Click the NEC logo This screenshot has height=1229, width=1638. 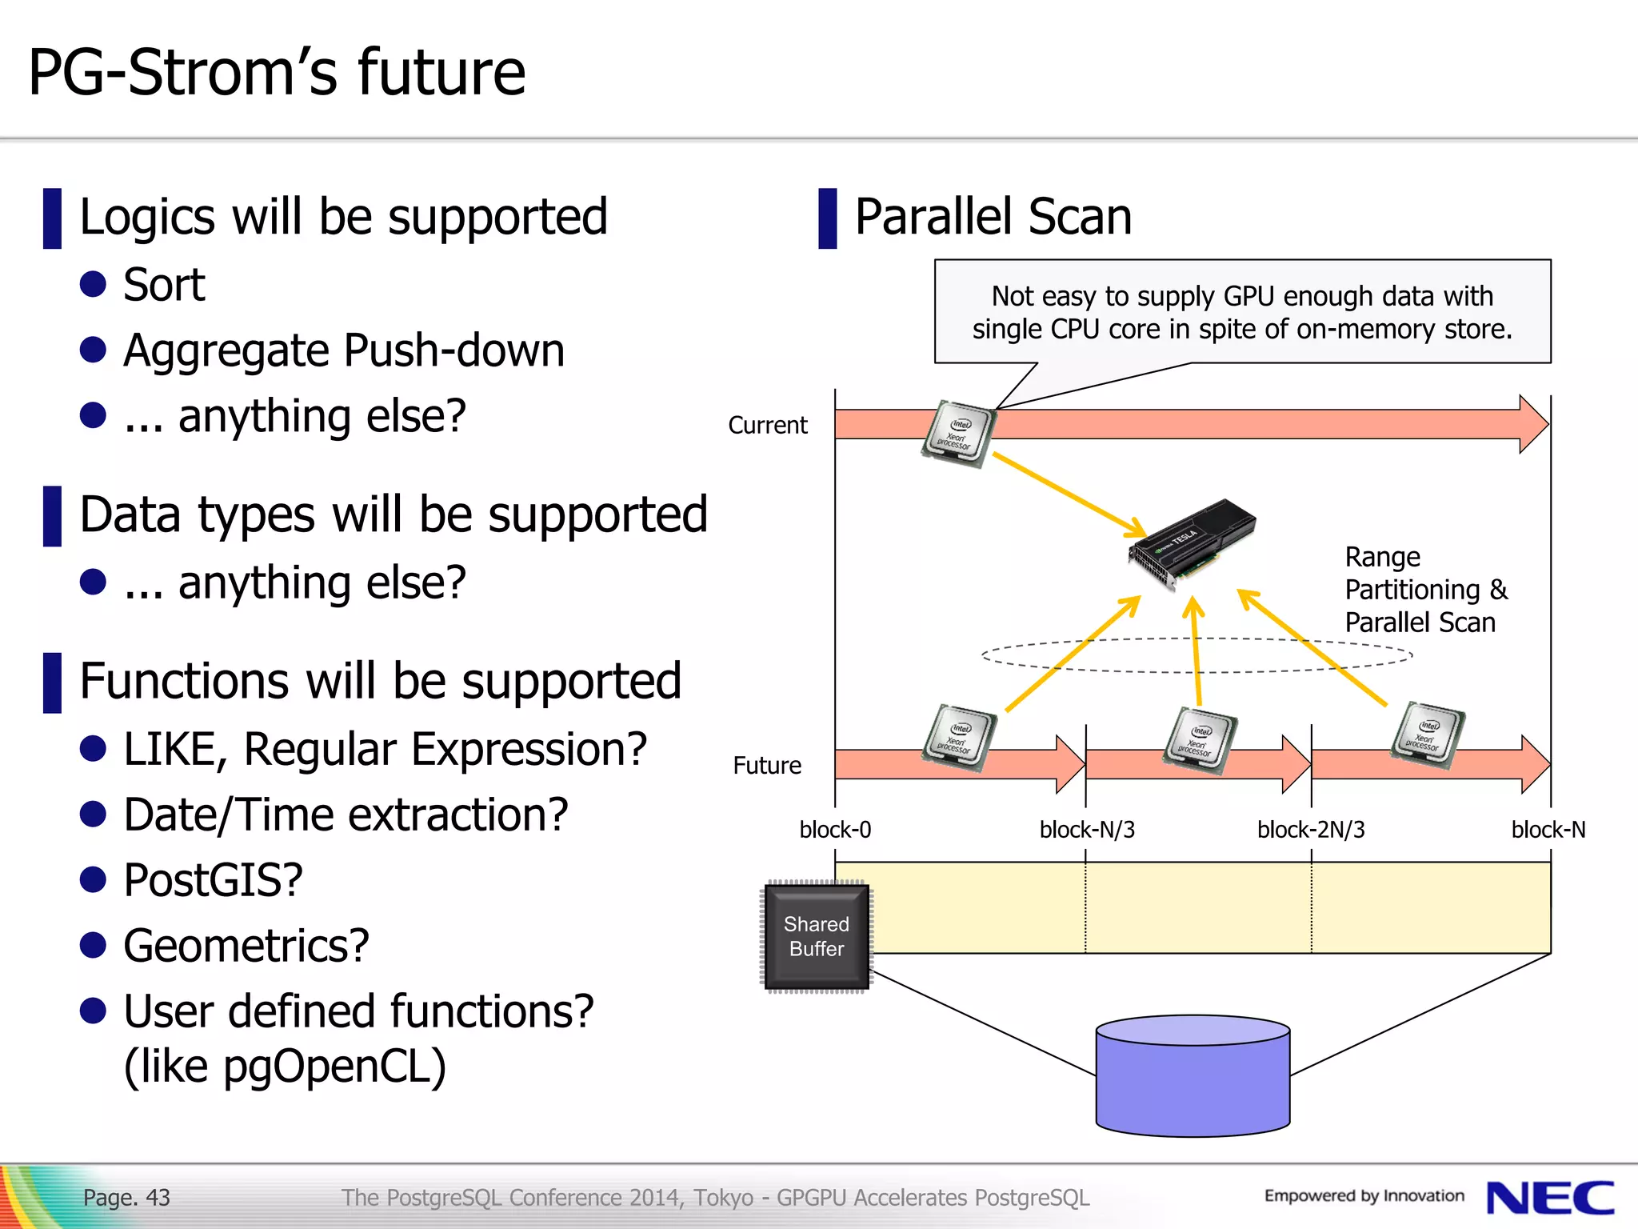1550,1198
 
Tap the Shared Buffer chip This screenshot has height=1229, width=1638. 817,936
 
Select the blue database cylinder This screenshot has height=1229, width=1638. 1193,1075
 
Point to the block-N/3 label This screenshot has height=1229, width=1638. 1087,830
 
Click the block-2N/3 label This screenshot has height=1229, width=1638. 1311,830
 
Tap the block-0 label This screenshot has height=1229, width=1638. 835,830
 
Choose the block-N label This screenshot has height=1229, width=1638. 1548,830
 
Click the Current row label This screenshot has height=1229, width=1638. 768,425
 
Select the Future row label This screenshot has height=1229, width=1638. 767,766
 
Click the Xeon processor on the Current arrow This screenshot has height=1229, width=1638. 958,434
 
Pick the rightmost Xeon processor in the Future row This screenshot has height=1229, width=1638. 1428,735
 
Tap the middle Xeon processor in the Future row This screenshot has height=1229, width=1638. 1201,741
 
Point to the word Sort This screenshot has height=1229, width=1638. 164,285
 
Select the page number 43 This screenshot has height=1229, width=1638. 158,1198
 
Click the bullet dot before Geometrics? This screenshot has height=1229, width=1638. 94,946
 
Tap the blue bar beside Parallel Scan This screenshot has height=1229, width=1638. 828,218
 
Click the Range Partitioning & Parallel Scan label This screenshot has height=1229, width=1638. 1425,590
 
